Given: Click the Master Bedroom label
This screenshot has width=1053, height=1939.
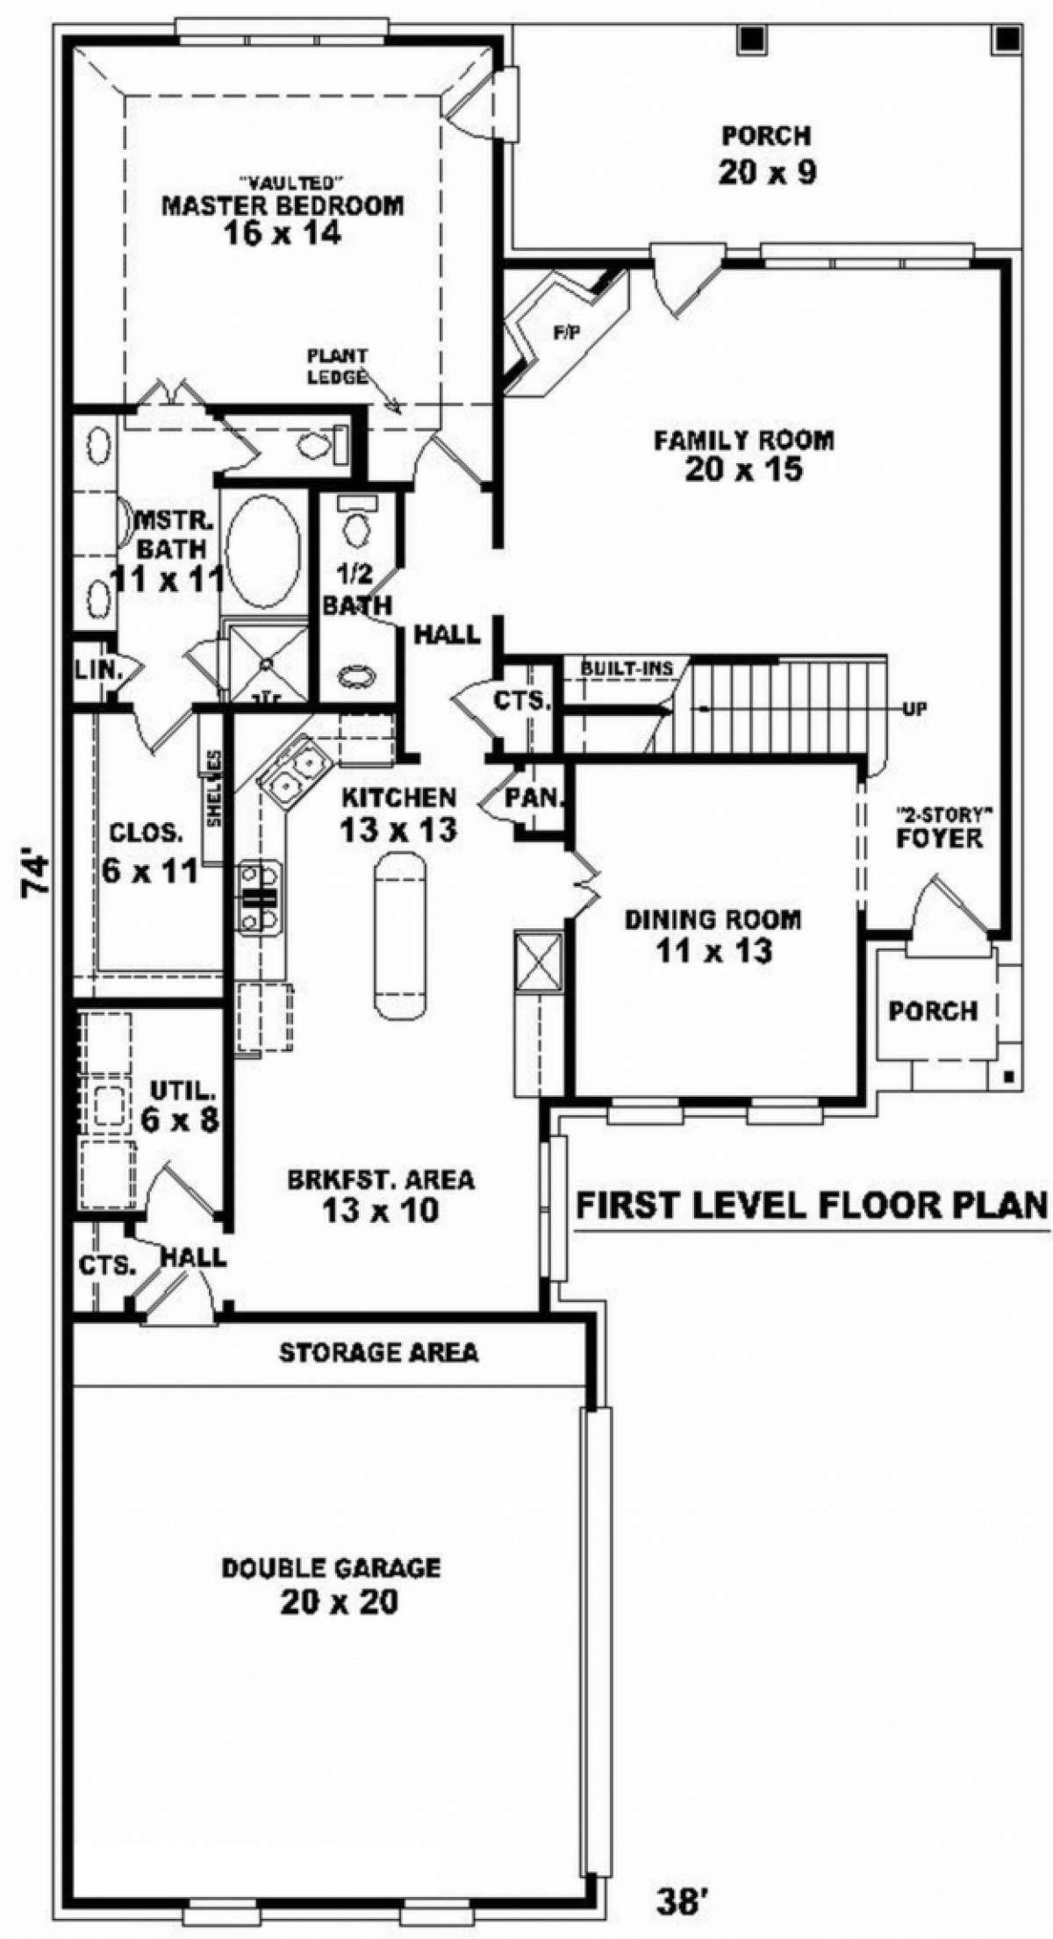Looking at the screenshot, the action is click(x=283, y=206).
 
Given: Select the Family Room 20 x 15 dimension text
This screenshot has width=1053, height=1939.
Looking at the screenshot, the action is click(x=743, y=470).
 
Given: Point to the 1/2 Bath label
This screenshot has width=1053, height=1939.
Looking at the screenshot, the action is click(x=357, y=590).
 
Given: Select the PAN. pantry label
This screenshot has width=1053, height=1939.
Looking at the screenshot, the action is click(x=534, y=798).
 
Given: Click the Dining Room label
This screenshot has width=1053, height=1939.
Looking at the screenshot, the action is click(x=713, y=919).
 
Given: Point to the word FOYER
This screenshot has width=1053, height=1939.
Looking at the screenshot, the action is click(x=938, y=839).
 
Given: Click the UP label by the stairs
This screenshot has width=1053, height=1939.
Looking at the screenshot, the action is click(x=914, y=708).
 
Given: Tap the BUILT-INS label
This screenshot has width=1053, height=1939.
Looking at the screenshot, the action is click(x=627, y=669).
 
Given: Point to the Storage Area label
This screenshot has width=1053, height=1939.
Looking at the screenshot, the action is click(x=379, y=1352).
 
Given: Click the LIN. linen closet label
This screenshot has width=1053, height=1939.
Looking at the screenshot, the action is click(x=98, y=669).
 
